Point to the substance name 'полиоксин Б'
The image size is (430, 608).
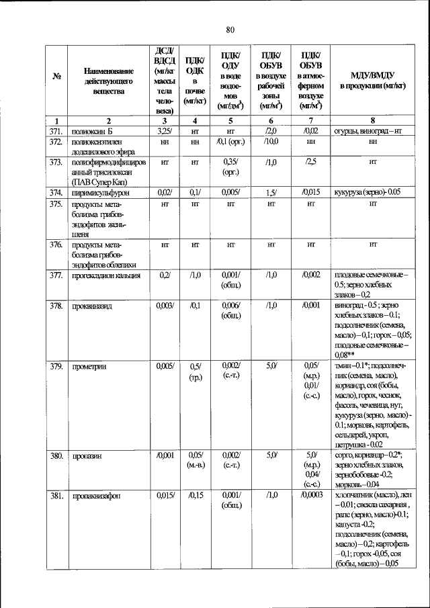[93, 130]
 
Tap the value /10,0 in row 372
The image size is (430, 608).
[272, 141]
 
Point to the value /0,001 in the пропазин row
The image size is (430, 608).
[164, 455]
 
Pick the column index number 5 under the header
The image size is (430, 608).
[230, 120]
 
